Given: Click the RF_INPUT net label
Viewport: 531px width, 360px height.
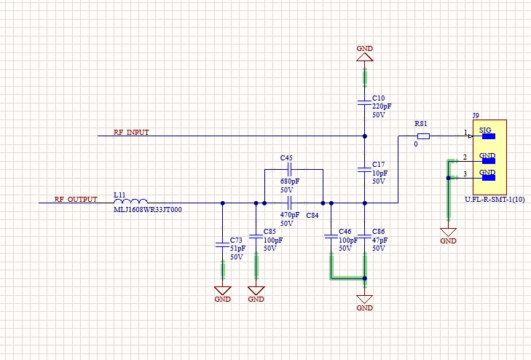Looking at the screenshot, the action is tap(131, 132).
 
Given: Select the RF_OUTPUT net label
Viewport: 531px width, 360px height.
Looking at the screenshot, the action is tap(76, 199).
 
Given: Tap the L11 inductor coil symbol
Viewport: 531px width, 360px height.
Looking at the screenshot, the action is tap(130, 201).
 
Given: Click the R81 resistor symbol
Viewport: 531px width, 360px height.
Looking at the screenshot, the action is tap(423, 136).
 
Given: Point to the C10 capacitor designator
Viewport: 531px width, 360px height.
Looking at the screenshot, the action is tap(378, 98).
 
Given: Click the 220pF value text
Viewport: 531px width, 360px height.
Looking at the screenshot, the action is tap(382, 106).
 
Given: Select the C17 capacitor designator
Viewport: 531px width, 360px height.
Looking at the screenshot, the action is tap(378, 164).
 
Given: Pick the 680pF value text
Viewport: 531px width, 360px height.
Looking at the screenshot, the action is tap(290, 181).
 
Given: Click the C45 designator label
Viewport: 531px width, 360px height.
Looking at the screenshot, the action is tap(286, 158).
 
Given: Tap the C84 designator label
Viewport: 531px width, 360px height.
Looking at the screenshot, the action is tap(312, 216).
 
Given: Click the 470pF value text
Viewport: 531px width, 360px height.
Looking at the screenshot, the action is tap(290, 215).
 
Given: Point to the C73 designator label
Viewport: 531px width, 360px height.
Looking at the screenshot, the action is tap(236, 240).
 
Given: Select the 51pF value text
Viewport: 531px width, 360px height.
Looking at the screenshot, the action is tap(237, 249).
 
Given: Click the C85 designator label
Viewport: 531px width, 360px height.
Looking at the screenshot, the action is tap(270, 231).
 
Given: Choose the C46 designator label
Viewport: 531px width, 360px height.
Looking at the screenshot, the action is tap(345, 231).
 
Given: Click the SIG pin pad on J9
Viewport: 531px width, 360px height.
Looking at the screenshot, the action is tap(488, 136).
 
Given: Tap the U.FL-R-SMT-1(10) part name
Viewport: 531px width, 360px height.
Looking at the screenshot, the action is tap(495, 199).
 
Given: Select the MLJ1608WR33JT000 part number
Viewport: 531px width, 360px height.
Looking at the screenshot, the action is tap(148, 210).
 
